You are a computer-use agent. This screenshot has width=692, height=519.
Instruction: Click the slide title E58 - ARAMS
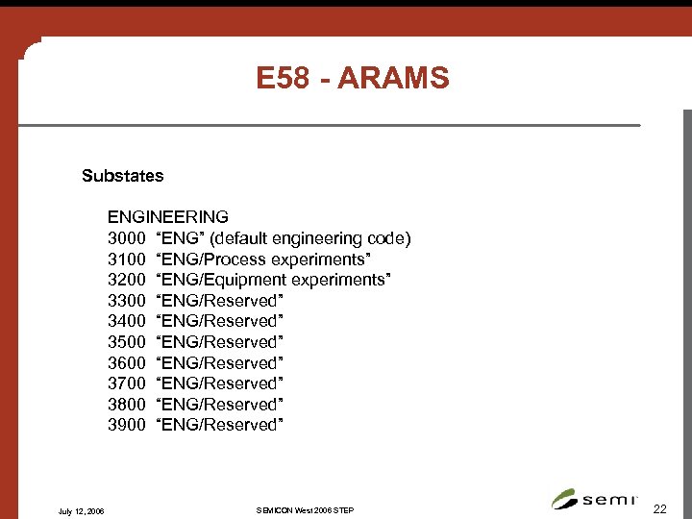pyautogui.click(x=353, y=78)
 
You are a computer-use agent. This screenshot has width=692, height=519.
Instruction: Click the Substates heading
pyautogui.click(x=123, y=176)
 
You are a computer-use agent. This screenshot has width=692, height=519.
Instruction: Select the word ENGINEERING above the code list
pyautogui.click(x=168, y=217)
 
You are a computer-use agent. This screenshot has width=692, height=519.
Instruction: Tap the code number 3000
pyautogui.click(x=126, y=238)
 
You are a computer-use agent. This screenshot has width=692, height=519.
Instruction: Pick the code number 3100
pyautogui.click(x=126, y=259)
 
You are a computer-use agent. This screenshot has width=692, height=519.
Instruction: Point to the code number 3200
pyautogui.click(x=126, y=280)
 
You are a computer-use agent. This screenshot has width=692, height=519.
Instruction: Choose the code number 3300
pyautogui.click(x=126, y=301)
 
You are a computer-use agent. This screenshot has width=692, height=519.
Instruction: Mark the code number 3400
pyautogui.click(x=126, y=321)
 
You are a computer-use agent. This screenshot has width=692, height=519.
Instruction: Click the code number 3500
pyautogui.click(x=126, y=342)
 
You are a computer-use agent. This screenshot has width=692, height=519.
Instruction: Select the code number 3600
pyautogui.click(x=126, y=363)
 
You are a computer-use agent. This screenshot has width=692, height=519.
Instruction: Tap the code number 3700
pyautogui.click(x=126, y=383)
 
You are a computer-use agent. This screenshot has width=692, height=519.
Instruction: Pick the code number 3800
pyautogui.click(x=126, y=405)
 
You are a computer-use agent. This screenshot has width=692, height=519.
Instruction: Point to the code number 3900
pyautogui.click(x=126, y=425)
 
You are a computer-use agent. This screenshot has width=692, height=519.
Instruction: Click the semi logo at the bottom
pyautogui.click(x=595, y=499)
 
